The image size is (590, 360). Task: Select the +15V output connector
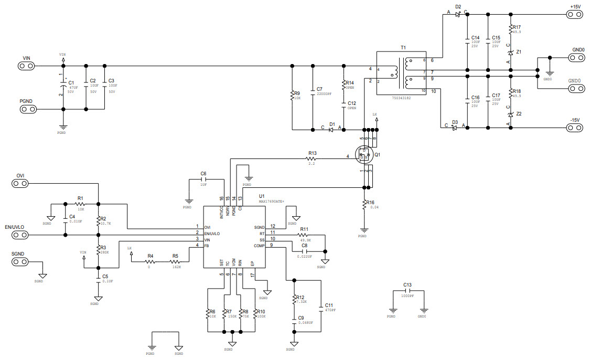[575, 14]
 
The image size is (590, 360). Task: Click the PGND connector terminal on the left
[27, 109]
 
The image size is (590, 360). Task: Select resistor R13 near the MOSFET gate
[312, 156]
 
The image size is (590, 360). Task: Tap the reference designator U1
[262, 195]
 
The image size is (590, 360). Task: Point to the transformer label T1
[403, 48]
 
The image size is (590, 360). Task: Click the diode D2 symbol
[458, 14]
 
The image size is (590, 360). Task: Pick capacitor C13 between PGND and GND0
[407, 292]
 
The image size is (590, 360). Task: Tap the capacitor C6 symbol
[203, 180]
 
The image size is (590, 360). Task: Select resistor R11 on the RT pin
[305, 235]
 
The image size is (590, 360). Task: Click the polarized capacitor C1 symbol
[63, 87]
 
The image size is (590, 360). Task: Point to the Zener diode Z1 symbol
[510, 53]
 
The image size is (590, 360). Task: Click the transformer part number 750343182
[402, 98]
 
